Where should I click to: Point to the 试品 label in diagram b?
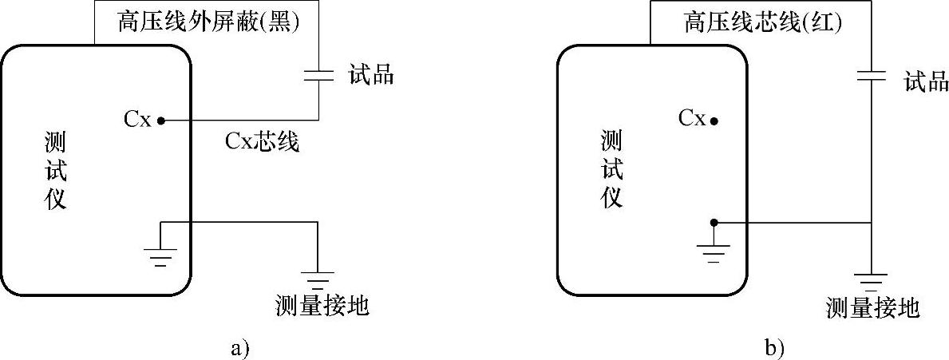926,81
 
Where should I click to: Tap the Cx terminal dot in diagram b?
714,121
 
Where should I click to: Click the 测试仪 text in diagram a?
55,171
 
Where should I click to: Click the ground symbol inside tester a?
160,256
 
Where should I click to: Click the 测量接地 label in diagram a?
321,305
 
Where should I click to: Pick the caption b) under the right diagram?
774,348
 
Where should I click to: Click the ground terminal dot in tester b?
714,223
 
